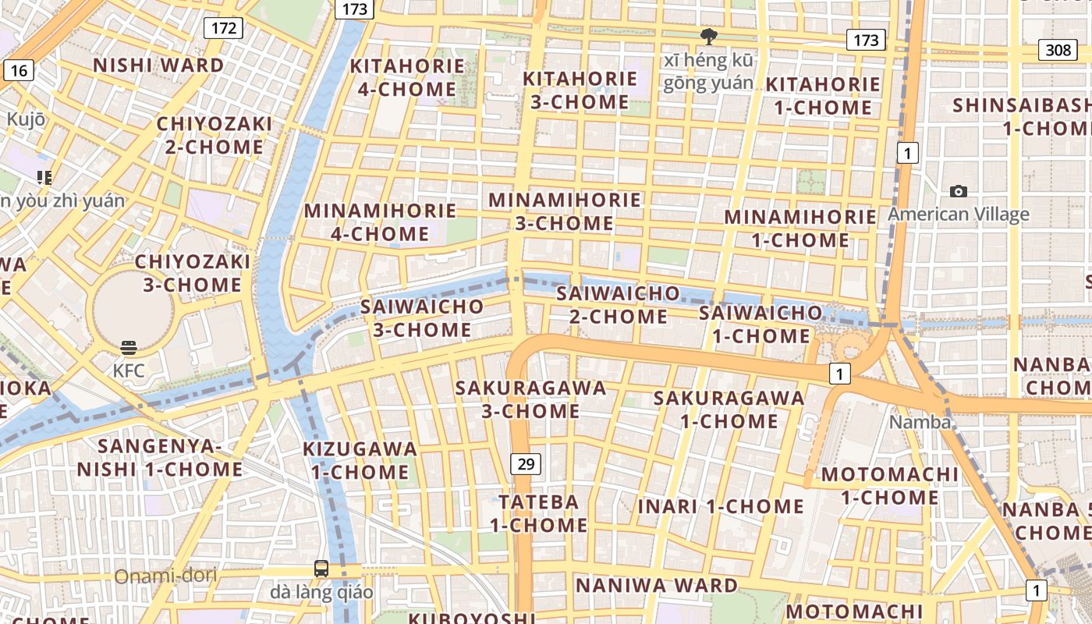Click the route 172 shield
click(224, 29)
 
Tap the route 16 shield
click(19, 71)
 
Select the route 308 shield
click(1058, 50)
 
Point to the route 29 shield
click(526, 464)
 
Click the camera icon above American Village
click(959, 191)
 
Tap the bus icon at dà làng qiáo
click(321, 569)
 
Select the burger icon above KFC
click(129, 348)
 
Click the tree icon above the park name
click(708, 36)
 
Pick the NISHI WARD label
click(159, 66)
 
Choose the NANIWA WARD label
click(656, 585)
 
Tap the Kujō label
click(26, 119)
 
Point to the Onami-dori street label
click(165, 576)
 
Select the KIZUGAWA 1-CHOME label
click(360, 460)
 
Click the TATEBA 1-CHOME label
click(539, 513)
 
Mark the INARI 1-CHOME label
click(721, 506)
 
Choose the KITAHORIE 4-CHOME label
click(406, 77)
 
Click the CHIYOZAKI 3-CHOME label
click(193, 273)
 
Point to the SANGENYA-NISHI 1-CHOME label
click(160, 457)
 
